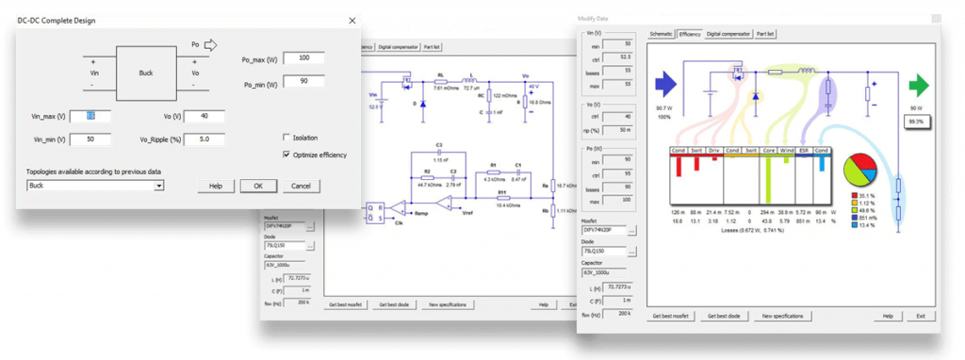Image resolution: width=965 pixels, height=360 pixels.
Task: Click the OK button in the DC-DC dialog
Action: [257, 186]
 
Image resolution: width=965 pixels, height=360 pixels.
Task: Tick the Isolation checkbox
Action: [286, 137]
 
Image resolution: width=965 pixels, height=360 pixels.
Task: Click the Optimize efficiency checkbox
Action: [286, 155]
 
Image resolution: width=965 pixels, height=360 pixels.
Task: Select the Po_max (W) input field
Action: [303, 58]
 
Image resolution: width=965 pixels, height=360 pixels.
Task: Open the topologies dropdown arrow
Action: [160, 187]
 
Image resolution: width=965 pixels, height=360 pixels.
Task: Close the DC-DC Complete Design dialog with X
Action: [352, 20]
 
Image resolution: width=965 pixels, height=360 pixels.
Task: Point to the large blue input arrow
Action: [666, 87]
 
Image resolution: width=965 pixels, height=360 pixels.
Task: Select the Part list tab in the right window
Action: [766, 33]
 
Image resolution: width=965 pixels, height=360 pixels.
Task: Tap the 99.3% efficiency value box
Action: [914, 122]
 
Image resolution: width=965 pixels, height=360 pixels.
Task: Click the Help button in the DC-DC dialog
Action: [216, 186]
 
